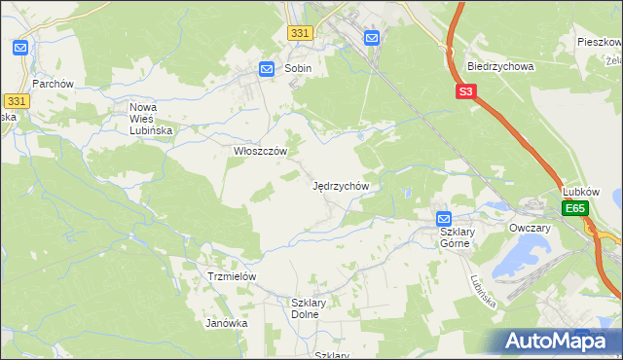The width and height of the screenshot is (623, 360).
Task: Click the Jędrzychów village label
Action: coord(340,185)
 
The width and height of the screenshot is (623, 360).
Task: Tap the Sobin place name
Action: coord(298,69)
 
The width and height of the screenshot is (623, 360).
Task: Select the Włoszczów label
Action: coord(260,152)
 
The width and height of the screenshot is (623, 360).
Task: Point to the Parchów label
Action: coord(53,84)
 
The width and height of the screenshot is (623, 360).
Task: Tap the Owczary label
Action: coord(530,228)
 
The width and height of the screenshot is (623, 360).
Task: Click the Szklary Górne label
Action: coord(455,237)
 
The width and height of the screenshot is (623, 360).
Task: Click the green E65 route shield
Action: coord(575,209)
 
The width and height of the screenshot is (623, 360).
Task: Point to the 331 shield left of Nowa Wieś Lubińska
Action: coord(15,100)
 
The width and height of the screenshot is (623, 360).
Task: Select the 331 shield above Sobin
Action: coord(300,33)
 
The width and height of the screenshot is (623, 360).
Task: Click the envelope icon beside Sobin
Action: coord(267,69)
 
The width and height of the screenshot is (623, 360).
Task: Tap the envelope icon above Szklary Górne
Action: coord(444,219)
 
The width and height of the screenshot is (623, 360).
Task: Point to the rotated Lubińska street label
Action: coord(483,290)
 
